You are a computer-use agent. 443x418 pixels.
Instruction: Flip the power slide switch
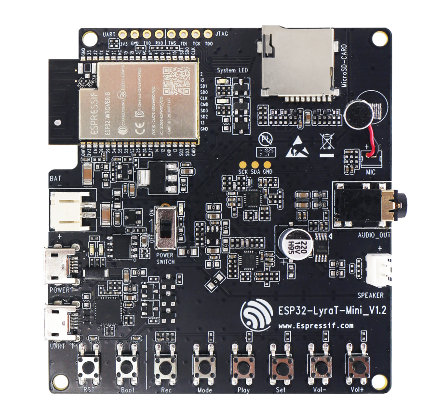(167, 226)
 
